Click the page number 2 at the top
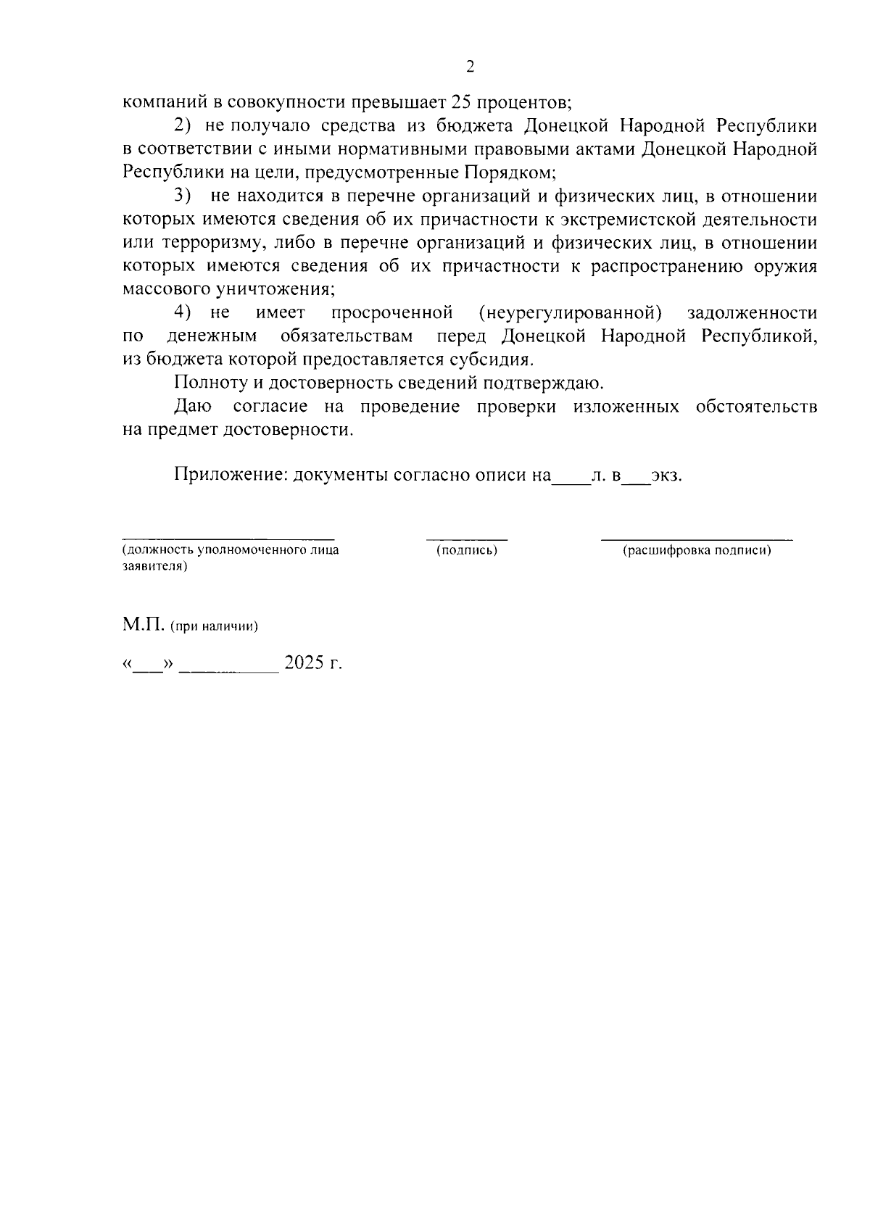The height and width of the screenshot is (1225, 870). click(470, 67)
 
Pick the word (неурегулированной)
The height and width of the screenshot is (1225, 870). click(571, 312)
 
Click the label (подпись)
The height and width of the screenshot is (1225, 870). click(467, 551)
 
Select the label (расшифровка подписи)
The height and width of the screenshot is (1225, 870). click(697, 551)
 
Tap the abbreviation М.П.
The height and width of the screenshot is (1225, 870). click(144, 626)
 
